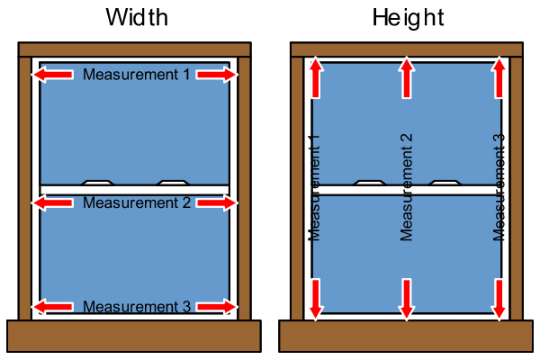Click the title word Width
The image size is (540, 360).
coord(135,17)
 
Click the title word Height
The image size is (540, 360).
coord(406,17)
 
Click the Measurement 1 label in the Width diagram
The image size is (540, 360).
coord(137,75)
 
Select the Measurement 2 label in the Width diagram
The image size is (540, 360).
coord(137,203)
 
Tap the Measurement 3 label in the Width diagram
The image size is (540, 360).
coord(137,307)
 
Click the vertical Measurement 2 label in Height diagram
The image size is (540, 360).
coord(407,187)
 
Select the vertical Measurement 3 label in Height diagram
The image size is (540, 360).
coord(499,187)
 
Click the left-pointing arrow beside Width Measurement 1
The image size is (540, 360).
coord(54,75)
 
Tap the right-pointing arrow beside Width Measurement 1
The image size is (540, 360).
coord(217,75)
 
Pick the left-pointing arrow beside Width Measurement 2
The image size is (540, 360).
coord(54,203)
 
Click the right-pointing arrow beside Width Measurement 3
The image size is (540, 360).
coord(217,307)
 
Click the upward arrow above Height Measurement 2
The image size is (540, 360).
coord(407,76)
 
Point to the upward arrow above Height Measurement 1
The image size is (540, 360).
coord(315,76)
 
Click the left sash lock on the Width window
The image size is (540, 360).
coord(97,182)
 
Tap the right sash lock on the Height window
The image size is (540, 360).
coord(445,182)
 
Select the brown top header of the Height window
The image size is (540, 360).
coord(406,48)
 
